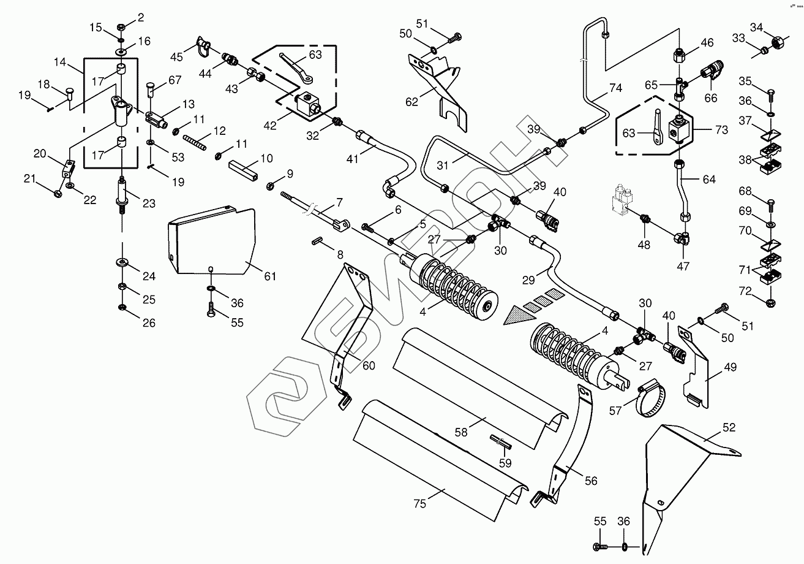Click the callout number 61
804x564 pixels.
coord(269,276)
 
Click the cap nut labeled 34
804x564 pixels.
coord(778,43)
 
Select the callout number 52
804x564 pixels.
coord(728,428)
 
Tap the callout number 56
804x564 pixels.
coord(590,481)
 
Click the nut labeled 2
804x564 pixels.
coord(121,27)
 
